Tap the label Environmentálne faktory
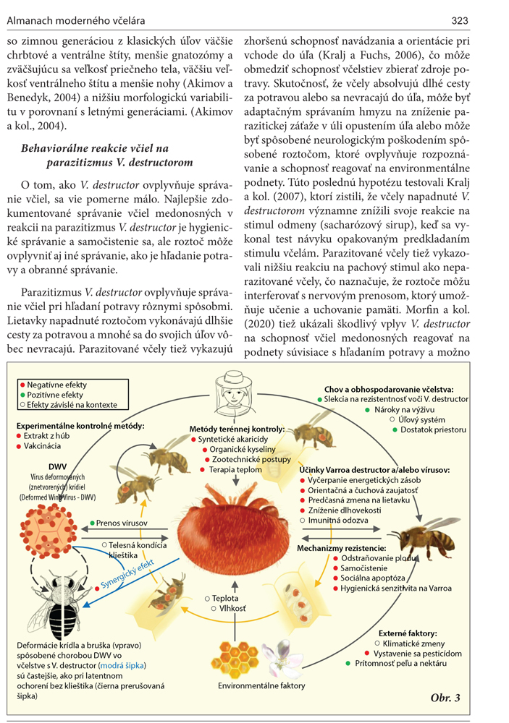click(x=261, y=685)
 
